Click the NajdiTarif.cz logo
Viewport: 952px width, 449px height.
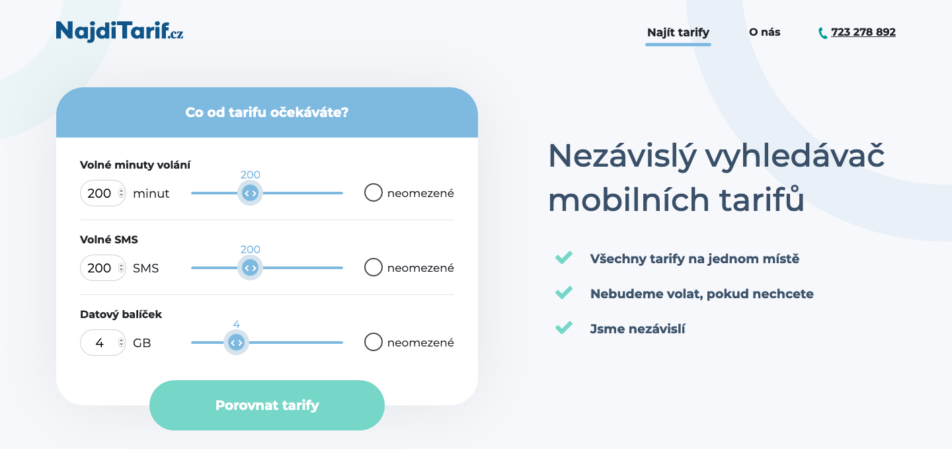click(x=120, y=32)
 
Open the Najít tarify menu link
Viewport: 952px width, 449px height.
click(x=678, y=32)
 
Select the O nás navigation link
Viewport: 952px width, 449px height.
click(x=764, y=32)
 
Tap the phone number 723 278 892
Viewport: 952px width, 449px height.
click(x=863, y=32)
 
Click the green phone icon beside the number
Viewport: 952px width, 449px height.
click(x=823, y=33)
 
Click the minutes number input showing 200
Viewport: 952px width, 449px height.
click(x=103, y=193)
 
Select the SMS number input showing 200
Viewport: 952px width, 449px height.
click(x=103, y=268)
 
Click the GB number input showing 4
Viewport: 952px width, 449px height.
click(x=103, y=343)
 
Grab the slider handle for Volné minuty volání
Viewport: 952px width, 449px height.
click(x=250, y=193)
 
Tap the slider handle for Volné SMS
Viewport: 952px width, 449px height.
click(x=250, y=268)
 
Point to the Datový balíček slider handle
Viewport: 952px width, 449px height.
click(x=236, y=343)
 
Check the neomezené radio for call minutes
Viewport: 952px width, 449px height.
click(x=373, y=192)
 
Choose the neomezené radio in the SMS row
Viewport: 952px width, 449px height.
click(x=373, y=267)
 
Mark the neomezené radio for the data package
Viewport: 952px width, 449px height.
click(x=373, y=342)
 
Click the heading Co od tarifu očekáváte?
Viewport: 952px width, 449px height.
click(x=267, y=112)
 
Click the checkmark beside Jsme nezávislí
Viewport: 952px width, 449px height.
click(x=564, y=327)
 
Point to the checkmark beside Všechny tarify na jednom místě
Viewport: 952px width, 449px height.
click(x=564, y=257)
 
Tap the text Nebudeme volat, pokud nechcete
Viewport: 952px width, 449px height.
click(x=701, y=294)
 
